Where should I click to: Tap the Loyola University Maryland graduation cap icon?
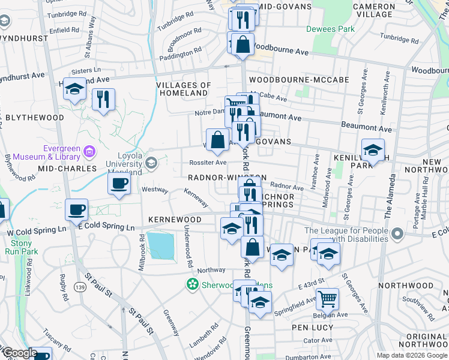(x=151, y=162)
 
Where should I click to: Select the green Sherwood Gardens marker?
(x=192, y=284)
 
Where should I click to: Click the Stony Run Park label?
(x=20, y=248)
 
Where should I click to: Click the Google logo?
(x=19, y=353)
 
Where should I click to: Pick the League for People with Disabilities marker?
(x=397, y=233)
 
